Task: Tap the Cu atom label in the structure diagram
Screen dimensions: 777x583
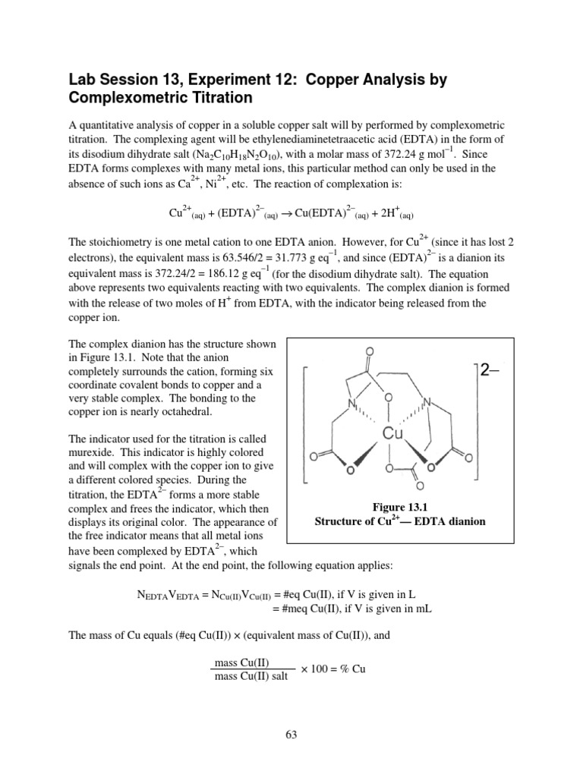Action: tap(392, 433)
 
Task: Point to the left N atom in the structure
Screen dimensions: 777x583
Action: tap(351, 404)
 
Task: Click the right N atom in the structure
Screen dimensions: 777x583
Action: tap(427, 401)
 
